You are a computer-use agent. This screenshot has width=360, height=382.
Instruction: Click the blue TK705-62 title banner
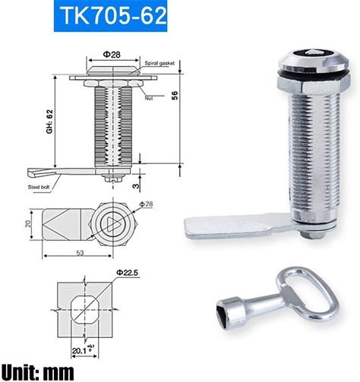point(110,16)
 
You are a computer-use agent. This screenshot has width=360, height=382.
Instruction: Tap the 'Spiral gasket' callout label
point(159,63)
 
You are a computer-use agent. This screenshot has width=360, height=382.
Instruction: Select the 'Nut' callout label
point(149,98)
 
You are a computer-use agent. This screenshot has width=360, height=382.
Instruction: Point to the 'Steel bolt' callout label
point(39,188)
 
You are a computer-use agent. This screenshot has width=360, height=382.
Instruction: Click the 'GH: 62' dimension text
point(49,122)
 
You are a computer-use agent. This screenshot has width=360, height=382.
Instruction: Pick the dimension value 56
point(175,95)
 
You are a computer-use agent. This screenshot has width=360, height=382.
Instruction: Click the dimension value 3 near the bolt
point(136,186)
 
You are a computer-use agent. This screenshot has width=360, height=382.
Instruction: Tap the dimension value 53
point(80,253)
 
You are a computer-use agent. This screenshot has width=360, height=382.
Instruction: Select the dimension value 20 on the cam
point(28,223)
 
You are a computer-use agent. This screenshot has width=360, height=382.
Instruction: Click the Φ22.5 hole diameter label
point(127,273)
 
